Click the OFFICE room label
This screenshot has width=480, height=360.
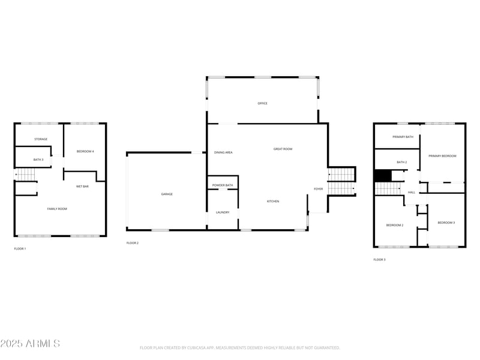[262, 104]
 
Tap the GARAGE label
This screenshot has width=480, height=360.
[166, 194]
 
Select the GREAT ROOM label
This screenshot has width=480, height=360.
[283, 149]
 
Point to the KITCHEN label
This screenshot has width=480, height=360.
[273, 202]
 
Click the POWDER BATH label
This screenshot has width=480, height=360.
[223, 185]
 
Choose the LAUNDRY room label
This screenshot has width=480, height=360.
[223, 212]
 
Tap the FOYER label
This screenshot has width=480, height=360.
[318, 190]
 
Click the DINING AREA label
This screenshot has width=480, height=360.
[223, 153]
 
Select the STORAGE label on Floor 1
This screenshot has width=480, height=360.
[41, 139]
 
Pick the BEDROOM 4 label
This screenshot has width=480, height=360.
[85, 151]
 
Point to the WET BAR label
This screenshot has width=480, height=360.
[82, 187]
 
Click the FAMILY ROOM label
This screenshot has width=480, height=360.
[57, 209]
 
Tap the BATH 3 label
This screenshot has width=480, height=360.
[38, 160]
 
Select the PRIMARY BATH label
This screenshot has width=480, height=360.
[403, 137]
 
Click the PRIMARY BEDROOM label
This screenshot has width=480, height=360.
[442, 156]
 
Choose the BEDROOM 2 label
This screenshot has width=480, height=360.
[394, 225]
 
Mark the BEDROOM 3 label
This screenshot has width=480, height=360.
[446, 223]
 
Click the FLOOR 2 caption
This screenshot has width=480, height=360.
[133, 243]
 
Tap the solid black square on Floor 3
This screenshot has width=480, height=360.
[383, 175]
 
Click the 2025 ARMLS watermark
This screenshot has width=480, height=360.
[30, 344]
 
